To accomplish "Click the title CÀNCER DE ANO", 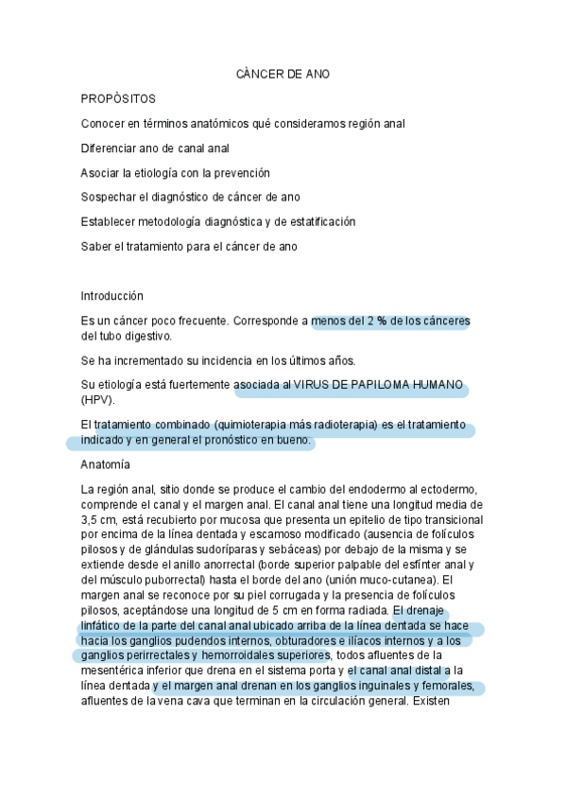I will [283, 75].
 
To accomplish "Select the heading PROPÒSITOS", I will [118, 99].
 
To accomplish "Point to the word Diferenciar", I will [112, 148].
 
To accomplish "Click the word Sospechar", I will [111, 198].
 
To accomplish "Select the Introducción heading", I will [112, 296].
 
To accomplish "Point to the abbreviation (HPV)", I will [97, 400].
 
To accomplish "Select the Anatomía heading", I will [106, 465].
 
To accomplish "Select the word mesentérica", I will [114, 671].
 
